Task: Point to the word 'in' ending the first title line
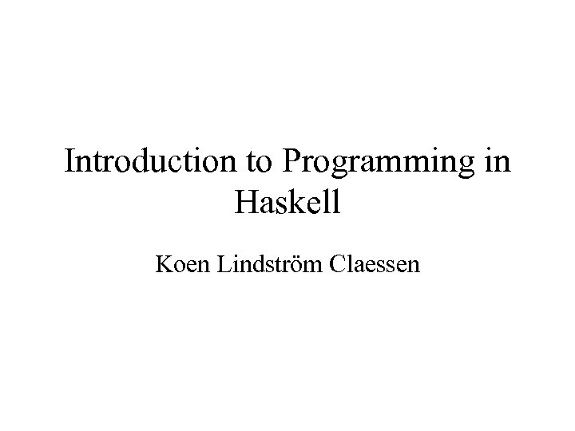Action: pyautogui.click(x=497, y=163)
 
